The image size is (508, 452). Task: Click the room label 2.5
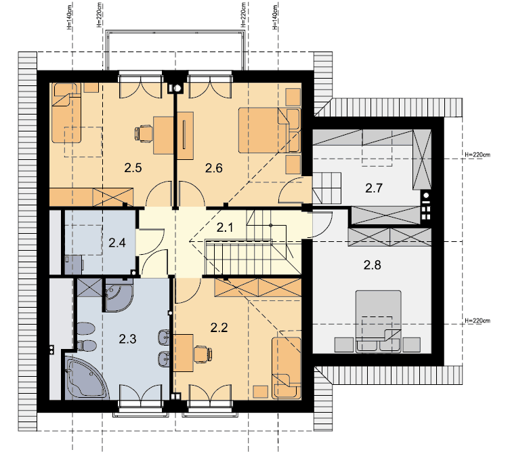pos(133,168)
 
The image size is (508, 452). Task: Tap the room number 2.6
pos(214,168)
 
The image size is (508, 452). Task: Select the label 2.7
pos(374,188)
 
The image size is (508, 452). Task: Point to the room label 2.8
pos(373,265)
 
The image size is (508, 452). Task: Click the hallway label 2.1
pos(224,228)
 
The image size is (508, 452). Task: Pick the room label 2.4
pos(117,243)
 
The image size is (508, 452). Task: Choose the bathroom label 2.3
pos(127,339)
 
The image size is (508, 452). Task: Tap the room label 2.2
pos(219,328)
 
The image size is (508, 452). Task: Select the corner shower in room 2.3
pos(119,295)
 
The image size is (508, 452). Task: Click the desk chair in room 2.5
pos(144,133)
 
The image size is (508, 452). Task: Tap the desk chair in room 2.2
pos(203,354)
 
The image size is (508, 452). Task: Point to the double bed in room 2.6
pos(269,130)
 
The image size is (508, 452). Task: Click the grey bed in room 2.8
pos(379,321)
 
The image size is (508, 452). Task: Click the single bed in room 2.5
pos(66,113)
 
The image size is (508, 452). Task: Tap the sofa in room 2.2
pos(287,368)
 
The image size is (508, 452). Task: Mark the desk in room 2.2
pos(184,353)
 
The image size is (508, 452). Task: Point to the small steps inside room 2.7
pos(327,188)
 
